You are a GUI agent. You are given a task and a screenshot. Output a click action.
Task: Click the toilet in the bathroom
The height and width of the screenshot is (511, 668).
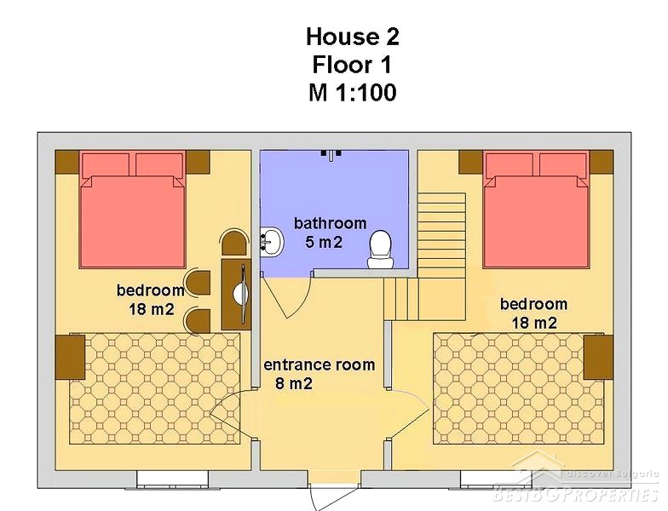click(x=381, y=250)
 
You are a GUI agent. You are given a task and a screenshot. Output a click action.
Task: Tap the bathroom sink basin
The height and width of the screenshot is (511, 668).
click(x=271, y=242)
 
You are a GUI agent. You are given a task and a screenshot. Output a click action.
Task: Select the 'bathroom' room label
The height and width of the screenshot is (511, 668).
click(x=331, y=223)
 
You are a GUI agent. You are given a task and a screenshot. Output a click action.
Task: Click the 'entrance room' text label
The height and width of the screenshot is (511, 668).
click(x=319, y=365)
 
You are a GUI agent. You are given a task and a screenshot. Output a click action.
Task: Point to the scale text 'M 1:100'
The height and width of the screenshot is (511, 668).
click(x=353, y=92)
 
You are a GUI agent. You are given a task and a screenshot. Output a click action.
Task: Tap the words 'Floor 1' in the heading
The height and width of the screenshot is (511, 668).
click(x=352, y=65)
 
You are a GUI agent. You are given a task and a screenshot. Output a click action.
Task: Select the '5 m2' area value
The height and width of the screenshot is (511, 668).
click(x=324, y=242)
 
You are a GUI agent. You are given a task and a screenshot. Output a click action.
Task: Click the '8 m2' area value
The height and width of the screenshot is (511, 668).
click(x=294, y=383)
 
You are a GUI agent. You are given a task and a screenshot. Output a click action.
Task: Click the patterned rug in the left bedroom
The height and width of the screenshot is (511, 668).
click(x=154, y=389)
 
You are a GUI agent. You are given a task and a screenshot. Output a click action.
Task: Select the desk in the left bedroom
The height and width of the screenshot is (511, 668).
click(x=235, y=293)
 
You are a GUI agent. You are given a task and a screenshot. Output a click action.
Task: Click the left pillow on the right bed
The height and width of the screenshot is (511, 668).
click(x=510, y=165)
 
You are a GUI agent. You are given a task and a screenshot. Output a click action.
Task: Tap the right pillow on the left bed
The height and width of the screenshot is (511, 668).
click(x=159, y=165)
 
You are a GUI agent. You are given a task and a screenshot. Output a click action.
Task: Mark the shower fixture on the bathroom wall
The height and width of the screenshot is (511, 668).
click(x=331, y=155)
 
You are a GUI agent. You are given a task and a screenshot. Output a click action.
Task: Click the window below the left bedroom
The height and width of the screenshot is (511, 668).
click(x=172, y=479)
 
